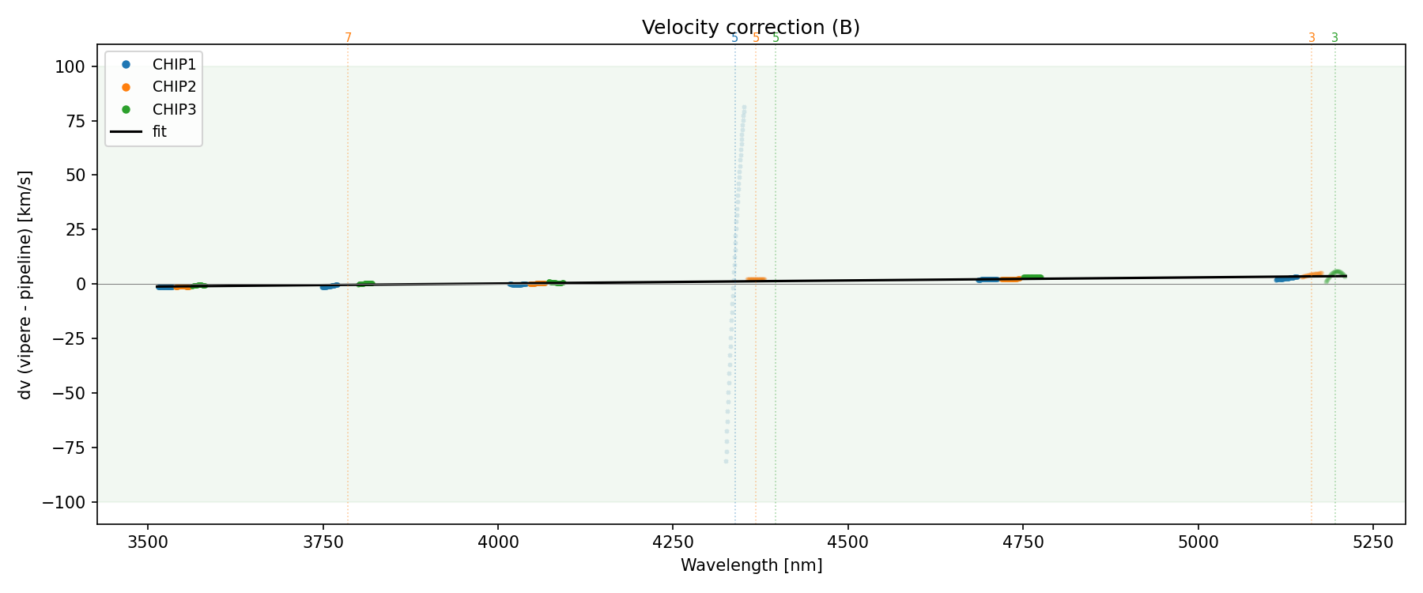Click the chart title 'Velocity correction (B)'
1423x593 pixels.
[750, 28]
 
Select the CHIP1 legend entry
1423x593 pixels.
[174, 65]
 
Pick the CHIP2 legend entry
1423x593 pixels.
[174, 87]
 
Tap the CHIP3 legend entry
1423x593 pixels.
[174, 110]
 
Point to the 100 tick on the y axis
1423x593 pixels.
[74, 66]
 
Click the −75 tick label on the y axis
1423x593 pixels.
[69, 448]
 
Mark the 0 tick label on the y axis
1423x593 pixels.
[80, 284]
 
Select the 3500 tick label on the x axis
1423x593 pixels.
[148, 542]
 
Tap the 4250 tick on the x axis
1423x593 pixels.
[673, 542]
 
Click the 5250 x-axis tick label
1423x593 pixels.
[1372, 542]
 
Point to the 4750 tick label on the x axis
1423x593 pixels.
[1023, 542]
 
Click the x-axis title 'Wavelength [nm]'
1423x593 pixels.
[751, 565]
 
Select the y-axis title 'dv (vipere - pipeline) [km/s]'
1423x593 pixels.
[25, 284]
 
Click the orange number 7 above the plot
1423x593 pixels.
[348, 37]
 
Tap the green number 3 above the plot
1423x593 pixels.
[1335, 37]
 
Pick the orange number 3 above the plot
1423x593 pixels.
[1312, 37]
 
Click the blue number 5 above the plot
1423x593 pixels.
[734, 37]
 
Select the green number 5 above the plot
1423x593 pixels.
[776, 37]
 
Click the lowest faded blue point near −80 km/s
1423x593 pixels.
[726, 462]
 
